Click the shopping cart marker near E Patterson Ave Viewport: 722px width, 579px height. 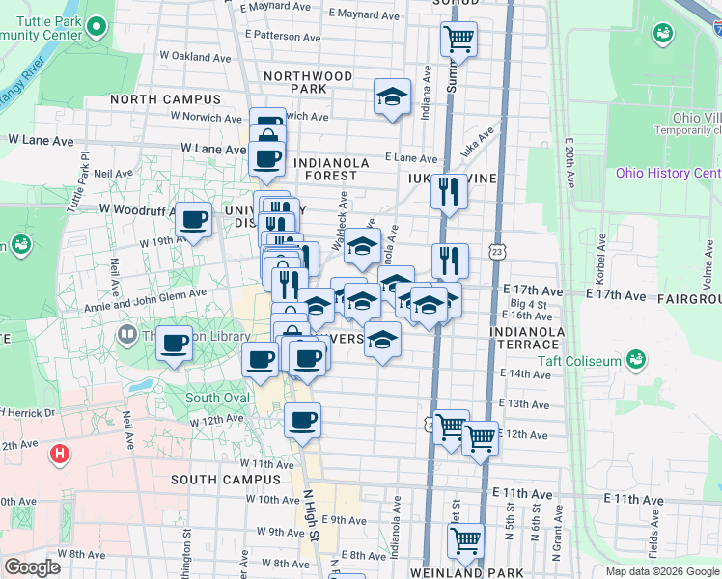pos(459,40)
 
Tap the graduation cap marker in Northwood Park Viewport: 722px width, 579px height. pos(392,96)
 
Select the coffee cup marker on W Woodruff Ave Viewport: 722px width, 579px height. pos(194,221)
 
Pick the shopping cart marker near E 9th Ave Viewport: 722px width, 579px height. pos(465,539)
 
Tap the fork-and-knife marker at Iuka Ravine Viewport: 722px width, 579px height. pos(449,189)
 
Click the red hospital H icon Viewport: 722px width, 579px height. pos(60,452)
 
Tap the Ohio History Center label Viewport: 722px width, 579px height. pos(668,174)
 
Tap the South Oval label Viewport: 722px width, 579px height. pos(217,398)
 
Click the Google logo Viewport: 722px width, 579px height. pos(32,567)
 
